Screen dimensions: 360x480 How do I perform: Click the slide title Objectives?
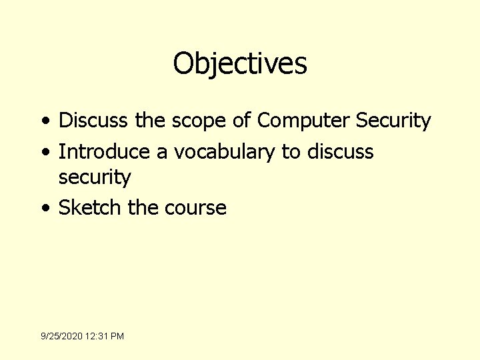point(240,64)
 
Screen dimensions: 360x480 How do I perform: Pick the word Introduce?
point(104,151)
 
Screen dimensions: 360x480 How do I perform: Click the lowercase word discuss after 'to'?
point(341,151)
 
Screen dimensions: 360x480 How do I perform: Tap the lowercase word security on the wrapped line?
point(95,178)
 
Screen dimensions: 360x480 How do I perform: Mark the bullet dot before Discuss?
point(44,122)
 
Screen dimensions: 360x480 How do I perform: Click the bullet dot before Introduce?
point(44,152)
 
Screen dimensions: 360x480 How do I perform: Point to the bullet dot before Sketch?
point(44,208)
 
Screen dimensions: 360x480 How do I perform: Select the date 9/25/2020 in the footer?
point(60,336)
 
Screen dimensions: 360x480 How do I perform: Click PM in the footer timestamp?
point(117,336)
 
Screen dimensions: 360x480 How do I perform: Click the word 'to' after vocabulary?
point(291,152)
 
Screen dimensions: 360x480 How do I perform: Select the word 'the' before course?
point(143,207)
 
